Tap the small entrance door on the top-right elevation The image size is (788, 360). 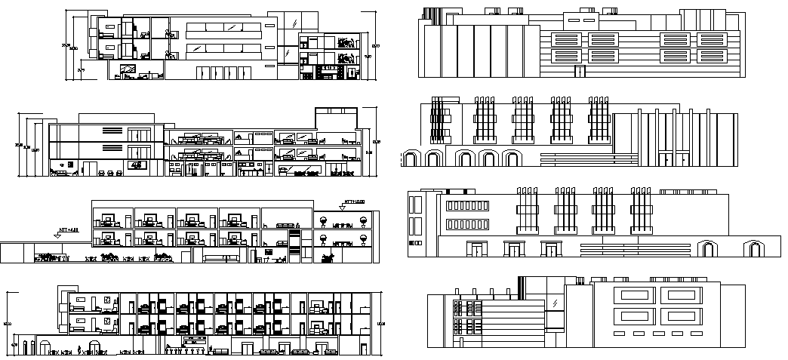point(579,72)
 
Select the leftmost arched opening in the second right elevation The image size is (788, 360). point(411,158)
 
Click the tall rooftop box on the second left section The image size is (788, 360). point(336,125)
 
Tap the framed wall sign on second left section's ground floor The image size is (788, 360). point(137,165)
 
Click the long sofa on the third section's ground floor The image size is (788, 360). point(221,258)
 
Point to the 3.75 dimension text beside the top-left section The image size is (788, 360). point(81,69)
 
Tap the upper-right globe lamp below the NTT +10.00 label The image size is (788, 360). point(364,221)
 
